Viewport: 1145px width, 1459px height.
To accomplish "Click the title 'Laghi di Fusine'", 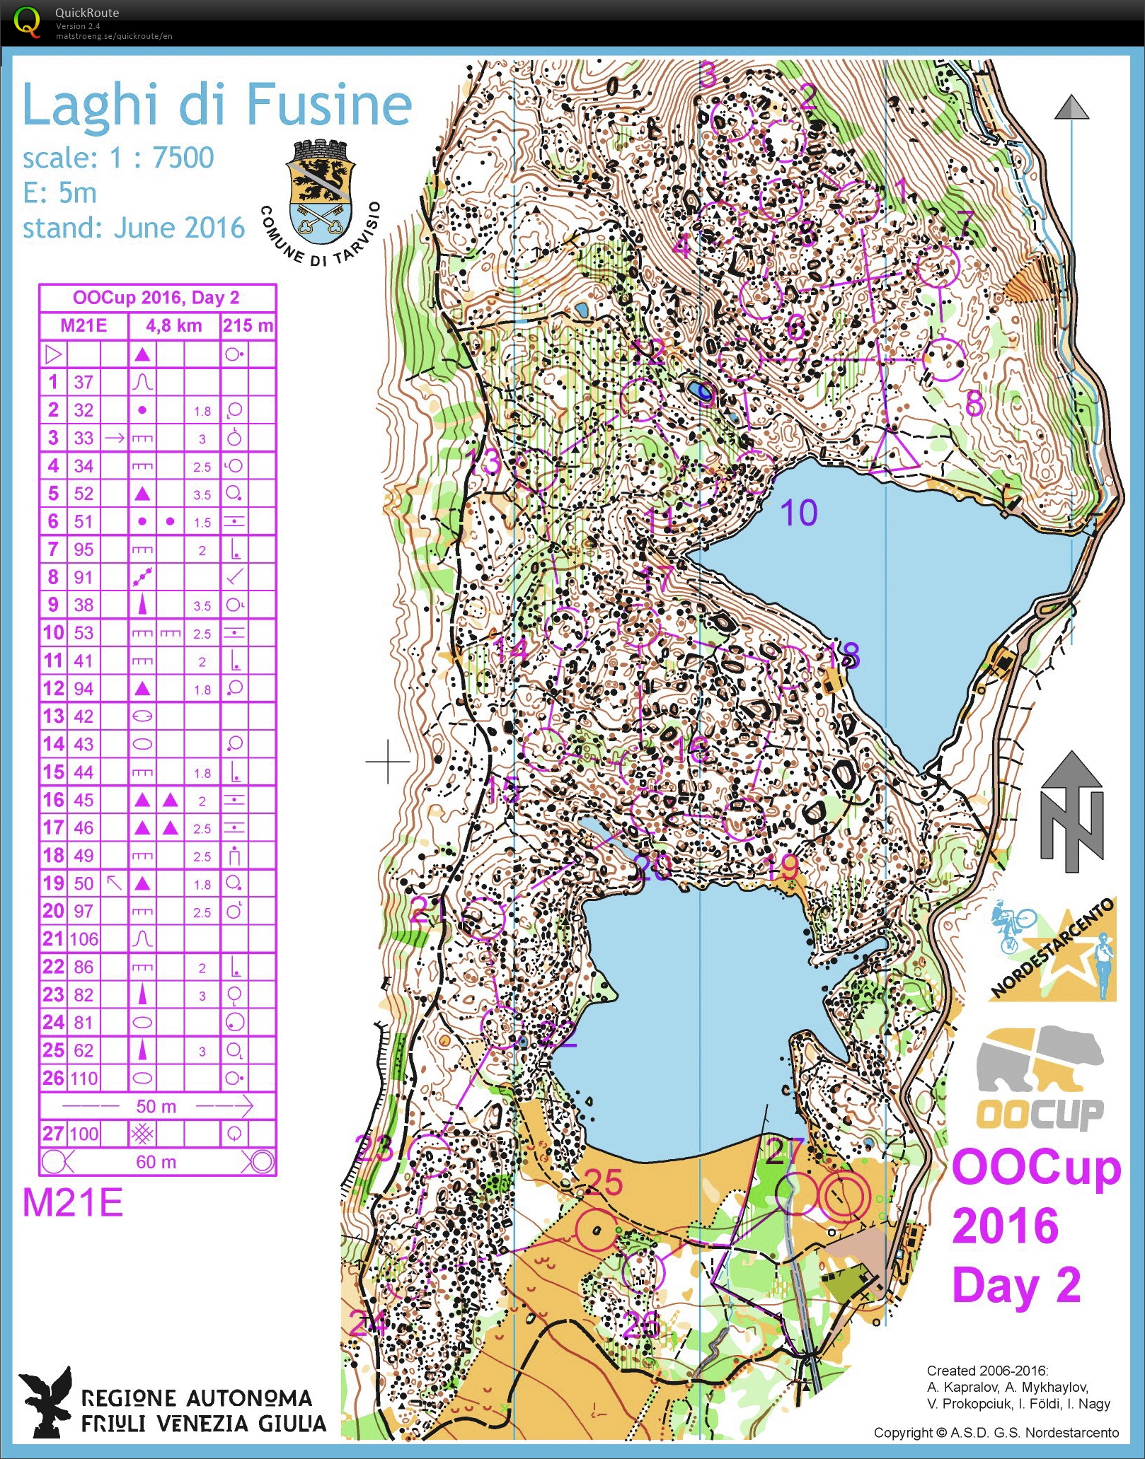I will tap(217, 105).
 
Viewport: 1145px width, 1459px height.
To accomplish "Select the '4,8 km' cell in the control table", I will tap(173, 325).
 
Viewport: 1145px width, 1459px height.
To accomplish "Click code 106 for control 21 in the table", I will tap(84, 939).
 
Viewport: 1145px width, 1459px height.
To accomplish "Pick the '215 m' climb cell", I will tap(248, 325).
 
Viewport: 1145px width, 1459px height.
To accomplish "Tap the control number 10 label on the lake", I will tap(798, 513).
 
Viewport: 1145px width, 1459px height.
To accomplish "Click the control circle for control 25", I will tap(596, 1231).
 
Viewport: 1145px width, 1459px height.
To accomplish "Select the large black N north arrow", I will tap(1071, 813).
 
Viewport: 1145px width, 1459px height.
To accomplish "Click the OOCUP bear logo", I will tap(1039, 1079).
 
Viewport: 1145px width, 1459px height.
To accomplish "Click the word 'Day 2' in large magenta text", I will tap(1016, 1285).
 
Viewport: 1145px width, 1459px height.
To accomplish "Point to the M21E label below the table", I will tap(73, 1203).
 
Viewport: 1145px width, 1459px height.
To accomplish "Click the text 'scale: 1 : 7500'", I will tap(117, 158).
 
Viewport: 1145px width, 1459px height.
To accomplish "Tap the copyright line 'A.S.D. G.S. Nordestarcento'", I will tap(996, 1433).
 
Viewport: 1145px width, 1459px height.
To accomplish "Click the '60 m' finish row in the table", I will tap(156, 1162).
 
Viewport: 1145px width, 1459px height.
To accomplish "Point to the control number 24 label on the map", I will tap(369, 1323).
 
